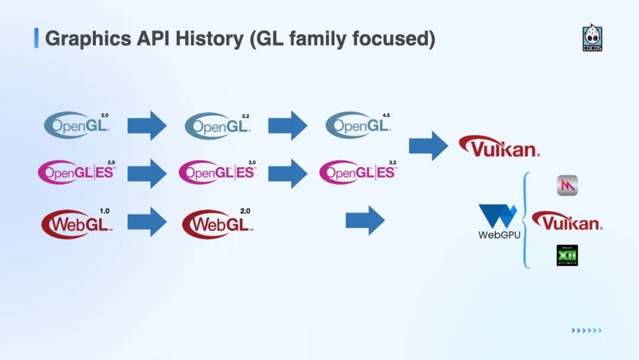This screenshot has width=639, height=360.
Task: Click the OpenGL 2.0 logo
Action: coord(77,125)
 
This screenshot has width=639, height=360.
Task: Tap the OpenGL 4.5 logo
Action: coord(358,125)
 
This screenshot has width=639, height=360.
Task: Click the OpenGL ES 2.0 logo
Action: coord(76,172)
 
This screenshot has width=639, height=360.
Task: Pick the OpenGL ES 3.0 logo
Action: coord(217,172)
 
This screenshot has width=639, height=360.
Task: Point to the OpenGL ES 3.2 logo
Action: coord(358,172)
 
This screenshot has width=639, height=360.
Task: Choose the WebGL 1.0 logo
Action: coord(76,224)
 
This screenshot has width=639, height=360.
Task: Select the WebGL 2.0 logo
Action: coord(217,224)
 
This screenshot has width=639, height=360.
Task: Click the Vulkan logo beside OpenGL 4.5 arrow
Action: coord(499,146)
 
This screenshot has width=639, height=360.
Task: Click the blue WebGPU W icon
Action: coord(498,216)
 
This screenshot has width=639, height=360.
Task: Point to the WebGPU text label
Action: coord(499,235)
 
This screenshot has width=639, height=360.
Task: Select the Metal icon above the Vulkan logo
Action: coord(567,186)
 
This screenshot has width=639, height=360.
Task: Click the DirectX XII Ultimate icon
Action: coord(567,255)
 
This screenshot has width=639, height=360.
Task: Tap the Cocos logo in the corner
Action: coord(592,38)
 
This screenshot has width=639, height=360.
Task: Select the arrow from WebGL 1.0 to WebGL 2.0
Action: coord(147,221)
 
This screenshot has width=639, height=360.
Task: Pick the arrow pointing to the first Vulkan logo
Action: coord(428,146)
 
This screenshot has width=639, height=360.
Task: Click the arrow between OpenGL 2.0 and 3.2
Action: coord(147,125)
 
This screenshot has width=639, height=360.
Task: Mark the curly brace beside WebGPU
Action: coord(525,220)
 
